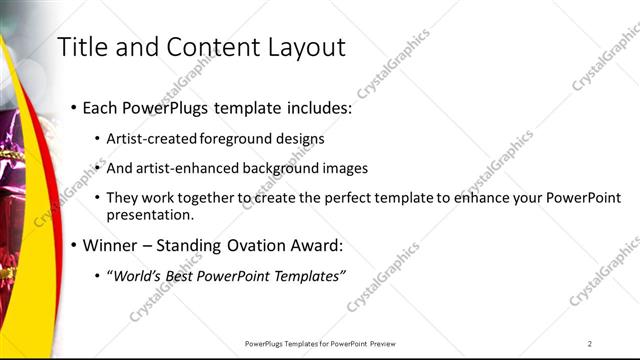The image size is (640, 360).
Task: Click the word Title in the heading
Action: [83, 47]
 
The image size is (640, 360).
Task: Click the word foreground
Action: [239, 139]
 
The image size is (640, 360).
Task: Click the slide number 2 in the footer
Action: [590, 344]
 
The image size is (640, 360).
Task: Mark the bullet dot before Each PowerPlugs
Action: [74, 108]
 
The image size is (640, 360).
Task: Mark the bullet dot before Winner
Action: [74, 246]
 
